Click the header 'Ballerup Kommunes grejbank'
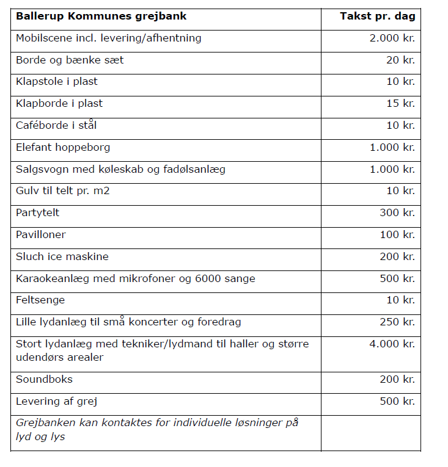tap(101, 16)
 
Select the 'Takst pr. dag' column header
tap(377, 16)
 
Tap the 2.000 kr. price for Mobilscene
tap(392, 38)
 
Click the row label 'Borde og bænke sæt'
tap(70, 60)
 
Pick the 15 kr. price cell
tap(400, 103)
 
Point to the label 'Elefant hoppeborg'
tap(63, 147)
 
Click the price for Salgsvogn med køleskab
tap(392, 169)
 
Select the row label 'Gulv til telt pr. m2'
tap(63, 191)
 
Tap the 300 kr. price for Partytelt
tap(397, 213)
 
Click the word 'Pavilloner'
tap(41, 234)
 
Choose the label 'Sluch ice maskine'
tap(62, 256)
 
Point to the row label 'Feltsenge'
tap(40, 300)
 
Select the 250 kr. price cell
tap(397, 322)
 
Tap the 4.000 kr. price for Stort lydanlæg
tap(392, 344)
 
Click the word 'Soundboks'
tap(44, 379)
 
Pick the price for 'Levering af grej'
tap(397, 401)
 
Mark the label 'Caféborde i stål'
tap(56, 125)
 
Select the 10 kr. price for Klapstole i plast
tap(400, 81)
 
